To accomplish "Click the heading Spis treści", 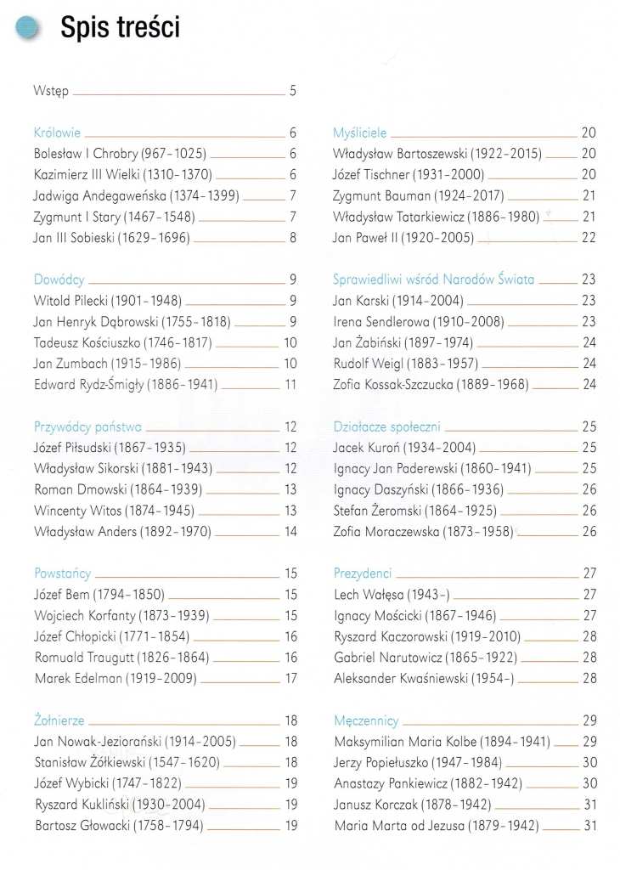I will [120, 28].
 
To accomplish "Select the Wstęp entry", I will [51, 91].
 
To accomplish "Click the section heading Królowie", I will [58, 133].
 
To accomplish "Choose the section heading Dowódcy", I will [59, 280].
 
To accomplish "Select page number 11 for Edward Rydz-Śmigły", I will [290, 384].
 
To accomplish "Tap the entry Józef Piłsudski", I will [110, 448].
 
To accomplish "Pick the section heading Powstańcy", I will [62, 573].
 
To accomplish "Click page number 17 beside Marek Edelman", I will [290, 678].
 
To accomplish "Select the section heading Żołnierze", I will [59, 720].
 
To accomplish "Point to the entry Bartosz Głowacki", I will [119, 825].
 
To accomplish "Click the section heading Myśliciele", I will [360, 133].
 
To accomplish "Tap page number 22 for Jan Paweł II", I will [589, 238].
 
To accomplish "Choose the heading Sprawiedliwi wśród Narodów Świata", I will [434, 280].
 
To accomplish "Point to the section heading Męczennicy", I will [367, 720].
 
